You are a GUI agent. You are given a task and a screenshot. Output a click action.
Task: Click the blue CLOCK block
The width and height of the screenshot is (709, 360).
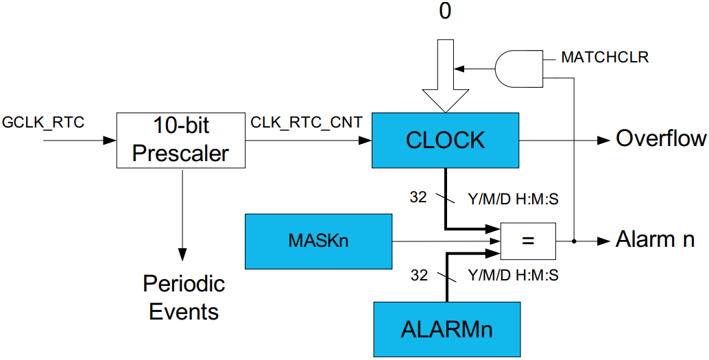pyautogui.click(x=445, y=139)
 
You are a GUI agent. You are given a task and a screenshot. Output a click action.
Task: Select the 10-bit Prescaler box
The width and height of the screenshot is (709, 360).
pyautogui.click(x=181, y=139)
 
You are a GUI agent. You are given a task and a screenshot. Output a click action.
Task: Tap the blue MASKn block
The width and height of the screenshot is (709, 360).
pyautogui.click(x=318, y=241)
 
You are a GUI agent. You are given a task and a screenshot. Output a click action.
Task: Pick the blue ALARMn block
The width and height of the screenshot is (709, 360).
pyautogui.click(x=446, y=328)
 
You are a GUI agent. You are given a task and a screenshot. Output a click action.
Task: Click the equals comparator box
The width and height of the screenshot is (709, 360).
pyautogui.click(x=528, y=241)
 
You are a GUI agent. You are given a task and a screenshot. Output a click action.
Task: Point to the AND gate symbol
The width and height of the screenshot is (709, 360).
pyautogui.click(x=518, y=68)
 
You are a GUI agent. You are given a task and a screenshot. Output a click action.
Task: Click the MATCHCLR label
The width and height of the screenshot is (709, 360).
pyautogui.click(x=605, y=58)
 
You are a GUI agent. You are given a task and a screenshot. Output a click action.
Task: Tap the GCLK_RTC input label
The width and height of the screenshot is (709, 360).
pyautogui.click(x=43, y=123)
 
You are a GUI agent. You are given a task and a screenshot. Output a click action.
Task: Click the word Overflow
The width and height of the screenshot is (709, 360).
pyautogui.click(x=661, y=139)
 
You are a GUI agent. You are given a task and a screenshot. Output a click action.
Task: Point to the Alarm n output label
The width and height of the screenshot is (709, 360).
pyautogui.click(x=656, y=240)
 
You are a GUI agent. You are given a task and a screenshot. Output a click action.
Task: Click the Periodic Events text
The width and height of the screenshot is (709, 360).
pyautogui.click(x=184, y=297)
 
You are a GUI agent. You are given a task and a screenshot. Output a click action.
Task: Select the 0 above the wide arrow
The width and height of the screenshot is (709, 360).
pyautogui.click(x=445, y=12)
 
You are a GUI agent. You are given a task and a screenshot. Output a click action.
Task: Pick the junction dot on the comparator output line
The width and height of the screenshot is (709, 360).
pyautogui.click(x=574, y=241)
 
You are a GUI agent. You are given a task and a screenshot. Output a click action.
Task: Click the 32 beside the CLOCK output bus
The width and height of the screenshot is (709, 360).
pyautogui.click(x=418, y=197)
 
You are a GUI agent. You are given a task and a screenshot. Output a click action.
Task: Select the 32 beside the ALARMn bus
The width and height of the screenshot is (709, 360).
pyautogui.click(x=418, y=276)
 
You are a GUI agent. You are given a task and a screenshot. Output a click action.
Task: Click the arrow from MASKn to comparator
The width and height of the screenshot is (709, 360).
pyautogui.click(x=446, y=241)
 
